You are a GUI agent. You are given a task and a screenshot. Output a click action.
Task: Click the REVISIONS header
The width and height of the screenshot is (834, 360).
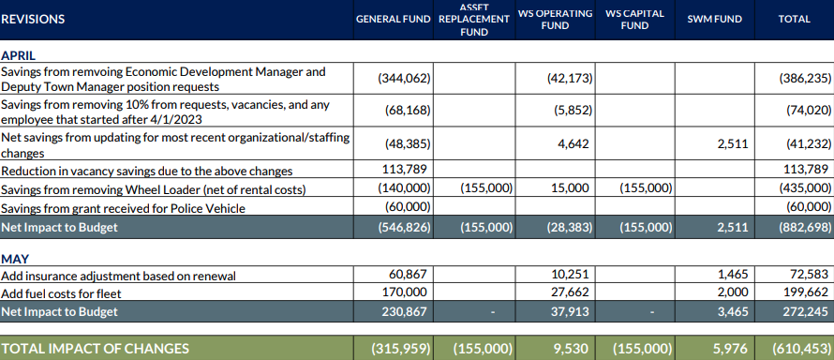click(34, 19)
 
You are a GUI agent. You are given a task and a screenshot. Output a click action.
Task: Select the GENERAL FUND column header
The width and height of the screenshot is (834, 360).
click(395, 20)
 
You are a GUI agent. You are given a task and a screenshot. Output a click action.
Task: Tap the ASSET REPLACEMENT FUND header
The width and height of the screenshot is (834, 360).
click(474, 19)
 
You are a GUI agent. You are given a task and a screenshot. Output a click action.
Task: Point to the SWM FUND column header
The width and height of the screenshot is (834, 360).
click(715, 20)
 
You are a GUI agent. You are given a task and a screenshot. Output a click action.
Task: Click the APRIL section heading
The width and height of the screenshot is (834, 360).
click(19, 55)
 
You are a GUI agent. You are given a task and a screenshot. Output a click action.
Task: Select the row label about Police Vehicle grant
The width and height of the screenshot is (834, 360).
click(110, 206)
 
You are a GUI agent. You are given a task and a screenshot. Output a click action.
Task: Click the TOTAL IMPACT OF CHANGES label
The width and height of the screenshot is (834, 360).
click(95, 348)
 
